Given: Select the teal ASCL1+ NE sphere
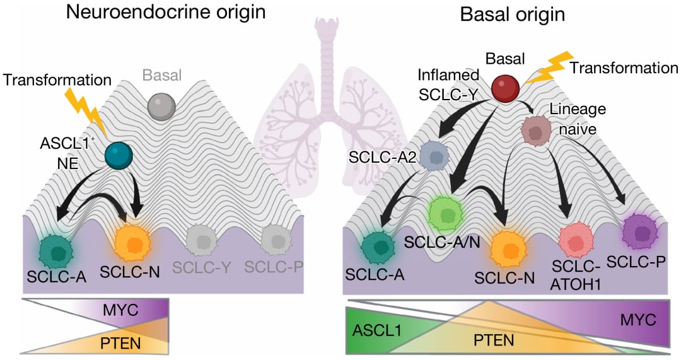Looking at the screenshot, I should coord(119,155).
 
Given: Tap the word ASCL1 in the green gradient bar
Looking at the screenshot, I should coord(375,330).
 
